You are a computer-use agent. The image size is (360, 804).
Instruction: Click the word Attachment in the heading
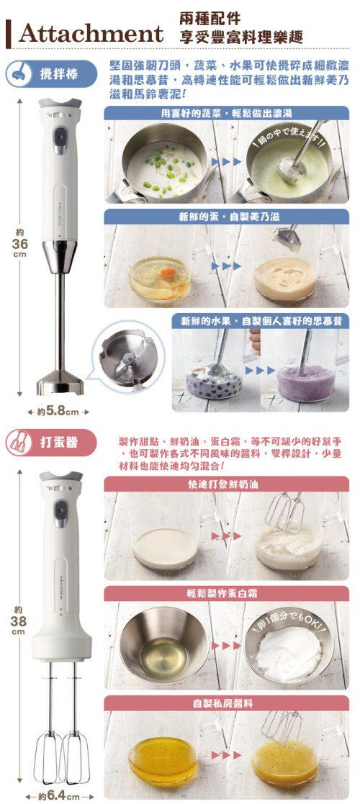[91, 33]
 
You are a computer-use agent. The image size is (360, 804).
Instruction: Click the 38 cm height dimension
[20, 620]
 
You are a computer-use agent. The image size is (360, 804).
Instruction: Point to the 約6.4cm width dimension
[60, 796]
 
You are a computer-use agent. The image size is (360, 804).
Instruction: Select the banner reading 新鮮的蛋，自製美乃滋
[226, 215]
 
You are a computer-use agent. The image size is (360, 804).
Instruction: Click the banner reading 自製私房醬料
[226, 703]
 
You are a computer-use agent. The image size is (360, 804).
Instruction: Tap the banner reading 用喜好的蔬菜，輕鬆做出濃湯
[226, 114]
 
